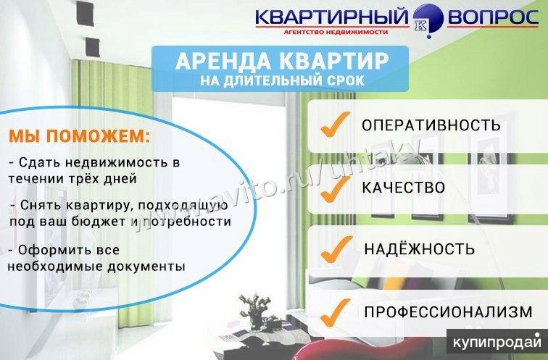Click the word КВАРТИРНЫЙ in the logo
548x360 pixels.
point(332,17)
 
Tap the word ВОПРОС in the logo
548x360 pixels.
point(493,17)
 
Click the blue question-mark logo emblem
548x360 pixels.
point(428,20)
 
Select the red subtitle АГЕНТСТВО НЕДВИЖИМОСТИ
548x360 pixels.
point(336,32)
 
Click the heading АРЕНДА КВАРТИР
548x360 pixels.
point(282,61)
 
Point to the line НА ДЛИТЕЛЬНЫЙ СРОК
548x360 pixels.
point(282,81)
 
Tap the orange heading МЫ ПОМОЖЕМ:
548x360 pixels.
point(79,136)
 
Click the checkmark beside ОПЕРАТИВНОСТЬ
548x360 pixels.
point(334,125)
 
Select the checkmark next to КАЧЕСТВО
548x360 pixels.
point(335,189)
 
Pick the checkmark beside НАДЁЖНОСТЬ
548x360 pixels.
point(336,249)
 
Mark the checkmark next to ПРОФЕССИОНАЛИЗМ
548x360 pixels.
point(335,312)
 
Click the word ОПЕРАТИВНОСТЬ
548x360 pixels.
point(431,125)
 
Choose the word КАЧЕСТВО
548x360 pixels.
point(403,188)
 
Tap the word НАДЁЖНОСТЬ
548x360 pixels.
point(420,249)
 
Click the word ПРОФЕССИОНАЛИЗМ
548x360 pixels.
point(449,311)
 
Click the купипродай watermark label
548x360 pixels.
point(497,341)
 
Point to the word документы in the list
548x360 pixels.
point(146,267)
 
